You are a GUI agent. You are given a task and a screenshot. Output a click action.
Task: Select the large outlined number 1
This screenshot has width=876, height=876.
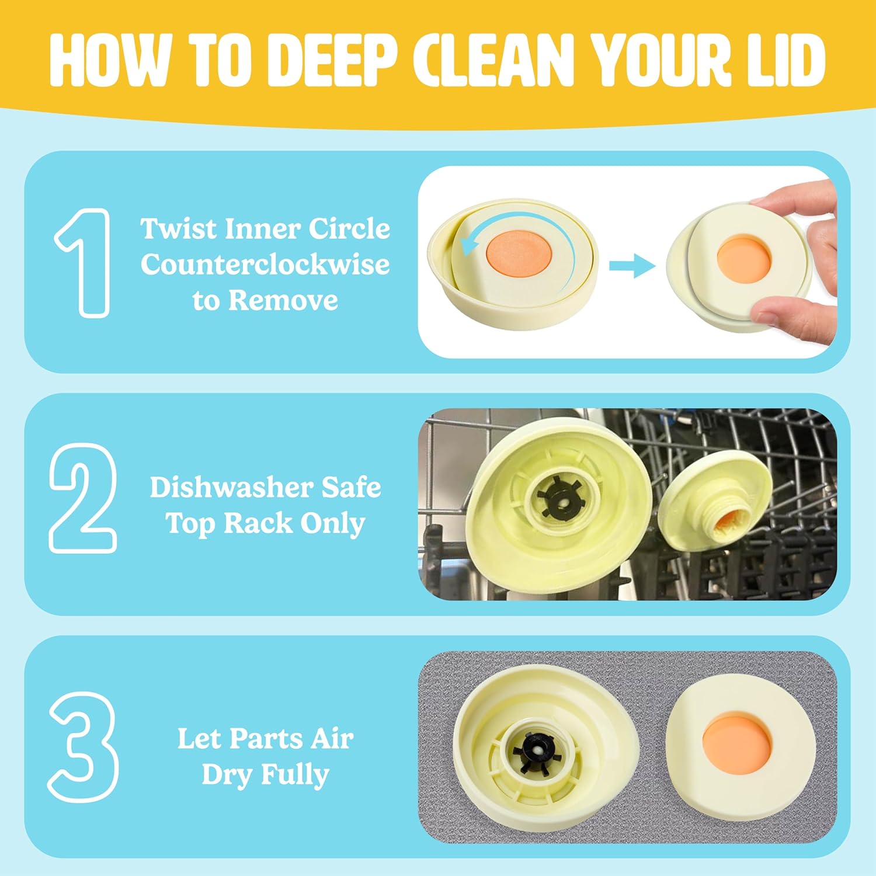tap(83, 263)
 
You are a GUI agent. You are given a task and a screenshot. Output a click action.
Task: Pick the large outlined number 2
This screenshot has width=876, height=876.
tap(83, 498)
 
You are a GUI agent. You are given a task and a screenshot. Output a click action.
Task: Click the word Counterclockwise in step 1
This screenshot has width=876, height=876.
tap(265, 265)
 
